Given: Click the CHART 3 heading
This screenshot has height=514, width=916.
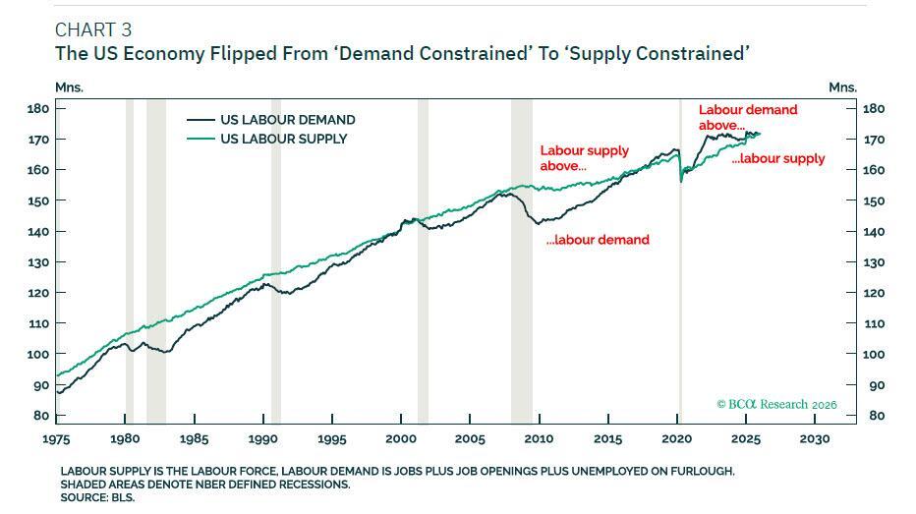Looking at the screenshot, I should [x=93, y=29].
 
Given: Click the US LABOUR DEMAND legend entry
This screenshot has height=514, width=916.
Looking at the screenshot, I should [x=287, y=120].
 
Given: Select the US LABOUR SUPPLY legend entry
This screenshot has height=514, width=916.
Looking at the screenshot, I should [x=283, y=139].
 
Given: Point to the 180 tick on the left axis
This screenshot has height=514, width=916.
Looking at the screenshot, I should [x=39, y=108].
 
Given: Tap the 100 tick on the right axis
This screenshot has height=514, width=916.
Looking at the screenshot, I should [x=874, y=354].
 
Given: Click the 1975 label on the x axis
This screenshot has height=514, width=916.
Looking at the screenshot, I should [x=55, y=439].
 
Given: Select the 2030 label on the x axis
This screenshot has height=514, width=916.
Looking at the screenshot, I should [x=814, y=439].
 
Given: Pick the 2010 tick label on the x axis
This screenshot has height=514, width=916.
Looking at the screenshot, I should [x=539, y=439].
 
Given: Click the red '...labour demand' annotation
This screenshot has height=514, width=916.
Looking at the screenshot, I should [x=598, y=240].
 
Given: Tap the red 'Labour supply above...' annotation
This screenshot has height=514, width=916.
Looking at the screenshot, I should [x=585, y=158].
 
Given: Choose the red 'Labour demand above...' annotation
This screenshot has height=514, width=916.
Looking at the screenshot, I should [x=748, y=117].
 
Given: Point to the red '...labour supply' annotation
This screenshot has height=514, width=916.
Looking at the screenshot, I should [x=778, y=158].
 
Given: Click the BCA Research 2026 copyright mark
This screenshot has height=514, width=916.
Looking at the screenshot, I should [x=776, y=404].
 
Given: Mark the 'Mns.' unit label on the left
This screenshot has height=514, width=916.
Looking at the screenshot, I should [x=70, y=86].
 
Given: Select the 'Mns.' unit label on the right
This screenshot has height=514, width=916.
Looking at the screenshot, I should [x=842, y=86].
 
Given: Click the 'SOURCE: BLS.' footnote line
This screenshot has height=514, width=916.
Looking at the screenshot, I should [x=97, y=497].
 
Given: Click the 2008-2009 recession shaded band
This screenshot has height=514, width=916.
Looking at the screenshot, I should [x=521, y=295].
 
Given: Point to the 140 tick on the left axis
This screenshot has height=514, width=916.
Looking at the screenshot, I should [x=39, y=231].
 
